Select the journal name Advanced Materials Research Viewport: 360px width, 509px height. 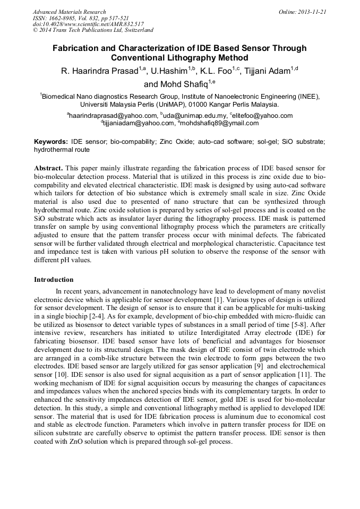click(70, 11)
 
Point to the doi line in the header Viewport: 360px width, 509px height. click(88, 24)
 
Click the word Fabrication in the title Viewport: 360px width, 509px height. click(78, 48)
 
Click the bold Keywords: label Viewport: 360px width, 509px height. click(51, 142)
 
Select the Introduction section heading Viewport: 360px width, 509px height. click(54, 279)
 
